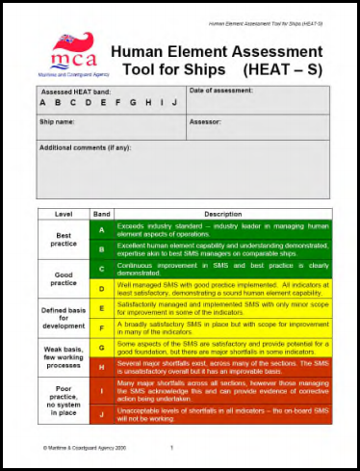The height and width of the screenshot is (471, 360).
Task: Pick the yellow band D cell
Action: tap(101, 289)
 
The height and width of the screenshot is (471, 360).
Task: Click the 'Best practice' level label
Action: tap(64, 238)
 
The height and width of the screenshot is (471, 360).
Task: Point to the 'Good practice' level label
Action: tap(64, 278)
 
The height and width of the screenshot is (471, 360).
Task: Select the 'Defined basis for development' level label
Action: tap(64, 318)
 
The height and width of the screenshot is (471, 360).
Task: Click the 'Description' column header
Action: tap(222, 214)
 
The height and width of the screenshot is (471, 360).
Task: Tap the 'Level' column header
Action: tap(64, 214)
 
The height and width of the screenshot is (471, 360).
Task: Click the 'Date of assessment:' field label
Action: tap(221, 91)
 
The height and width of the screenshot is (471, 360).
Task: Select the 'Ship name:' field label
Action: tap(59, 122)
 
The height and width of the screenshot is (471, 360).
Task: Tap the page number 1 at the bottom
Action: tap(170, 448)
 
